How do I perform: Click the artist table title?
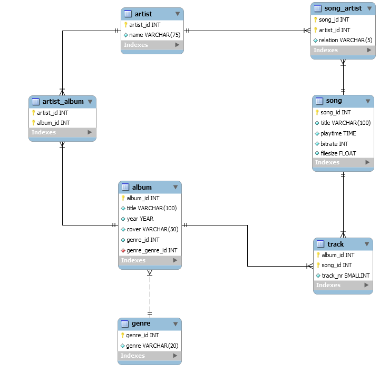(143, 14)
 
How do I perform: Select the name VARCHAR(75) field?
(152, 35)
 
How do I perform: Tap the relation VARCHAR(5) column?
(343, 40)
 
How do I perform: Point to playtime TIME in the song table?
(338, 133)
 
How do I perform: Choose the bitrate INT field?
(334, 143)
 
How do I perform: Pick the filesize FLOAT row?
(338, 153)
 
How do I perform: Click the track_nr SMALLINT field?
(345, 276)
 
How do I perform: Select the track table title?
(335, 244)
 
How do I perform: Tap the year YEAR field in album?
(140, 219)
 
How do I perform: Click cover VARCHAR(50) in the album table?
(152, 229)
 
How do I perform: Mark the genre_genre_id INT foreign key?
(151, 250)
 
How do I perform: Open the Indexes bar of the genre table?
(150, 356)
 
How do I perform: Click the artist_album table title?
(63, 101)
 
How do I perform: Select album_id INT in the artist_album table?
(53, 122)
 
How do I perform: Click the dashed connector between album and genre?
(150, 295)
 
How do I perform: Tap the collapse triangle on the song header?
(367, 101)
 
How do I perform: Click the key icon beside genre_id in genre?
(123, 335)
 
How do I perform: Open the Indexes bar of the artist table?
(152, 45)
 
